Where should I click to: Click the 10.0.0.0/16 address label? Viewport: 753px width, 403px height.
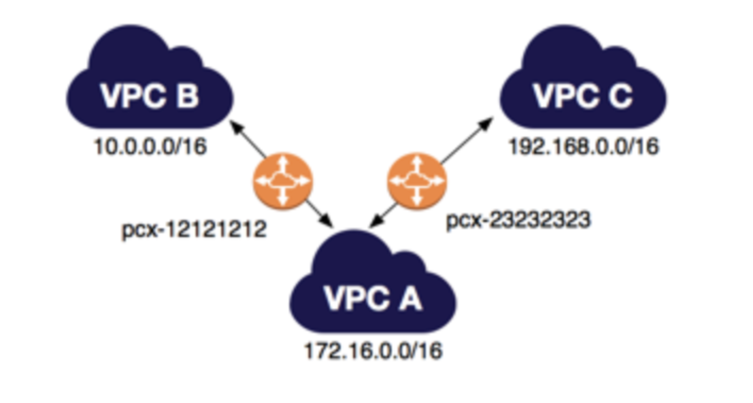point(150,147)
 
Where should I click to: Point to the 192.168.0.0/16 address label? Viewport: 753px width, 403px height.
point(584,147)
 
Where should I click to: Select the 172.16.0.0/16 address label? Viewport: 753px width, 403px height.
point(373,351)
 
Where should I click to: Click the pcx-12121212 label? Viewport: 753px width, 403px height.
point(194,230)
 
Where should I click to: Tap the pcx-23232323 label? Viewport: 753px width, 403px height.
point(518,220)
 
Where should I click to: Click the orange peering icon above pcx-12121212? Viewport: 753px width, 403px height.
point(283,181)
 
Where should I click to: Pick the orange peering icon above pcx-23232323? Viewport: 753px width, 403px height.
point(417,181)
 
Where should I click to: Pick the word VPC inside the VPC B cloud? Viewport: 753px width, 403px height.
point(134,96)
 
